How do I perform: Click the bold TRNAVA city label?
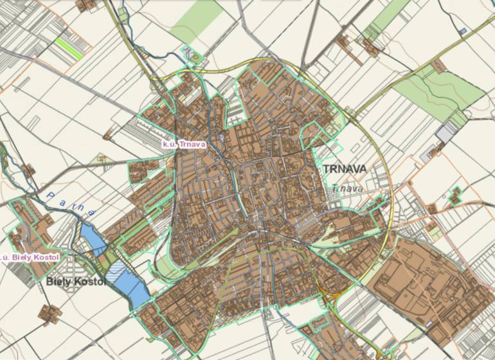coord(345,169)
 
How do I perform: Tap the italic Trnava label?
coord(347,189)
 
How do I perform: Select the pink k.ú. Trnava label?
coord(184,144)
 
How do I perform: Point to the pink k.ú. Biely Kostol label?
coord(30,258)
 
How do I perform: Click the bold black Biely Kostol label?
coord(75,281)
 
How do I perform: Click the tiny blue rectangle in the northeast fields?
coord(463,30)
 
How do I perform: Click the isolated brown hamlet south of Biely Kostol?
coord(50,314)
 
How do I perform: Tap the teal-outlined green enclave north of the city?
coord(192,56)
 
